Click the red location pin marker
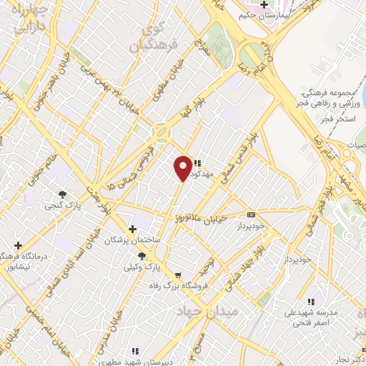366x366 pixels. pos(184,167)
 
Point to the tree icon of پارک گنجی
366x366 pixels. pos(63,194)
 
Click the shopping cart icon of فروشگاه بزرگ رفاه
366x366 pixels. pos(178,274)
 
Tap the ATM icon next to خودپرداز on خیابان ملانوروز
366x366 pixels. pos(251,214)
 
